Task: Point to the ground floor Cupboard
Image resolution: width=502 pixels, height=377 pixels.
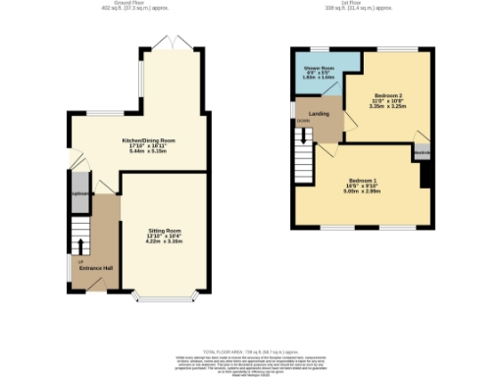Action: (79, 191)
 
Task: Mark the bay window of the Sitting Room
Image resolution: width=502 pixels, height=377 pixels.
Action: (163, 296)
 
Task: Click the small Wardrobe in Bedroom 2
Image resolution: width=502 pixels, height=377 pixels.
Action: (422, 153)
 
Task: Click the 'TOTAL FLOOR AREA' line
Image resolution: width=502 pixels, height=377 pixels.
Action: (250, 350)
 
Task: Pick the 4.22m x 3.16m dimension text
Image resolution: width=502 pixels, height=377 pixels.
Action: (164, 240)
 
